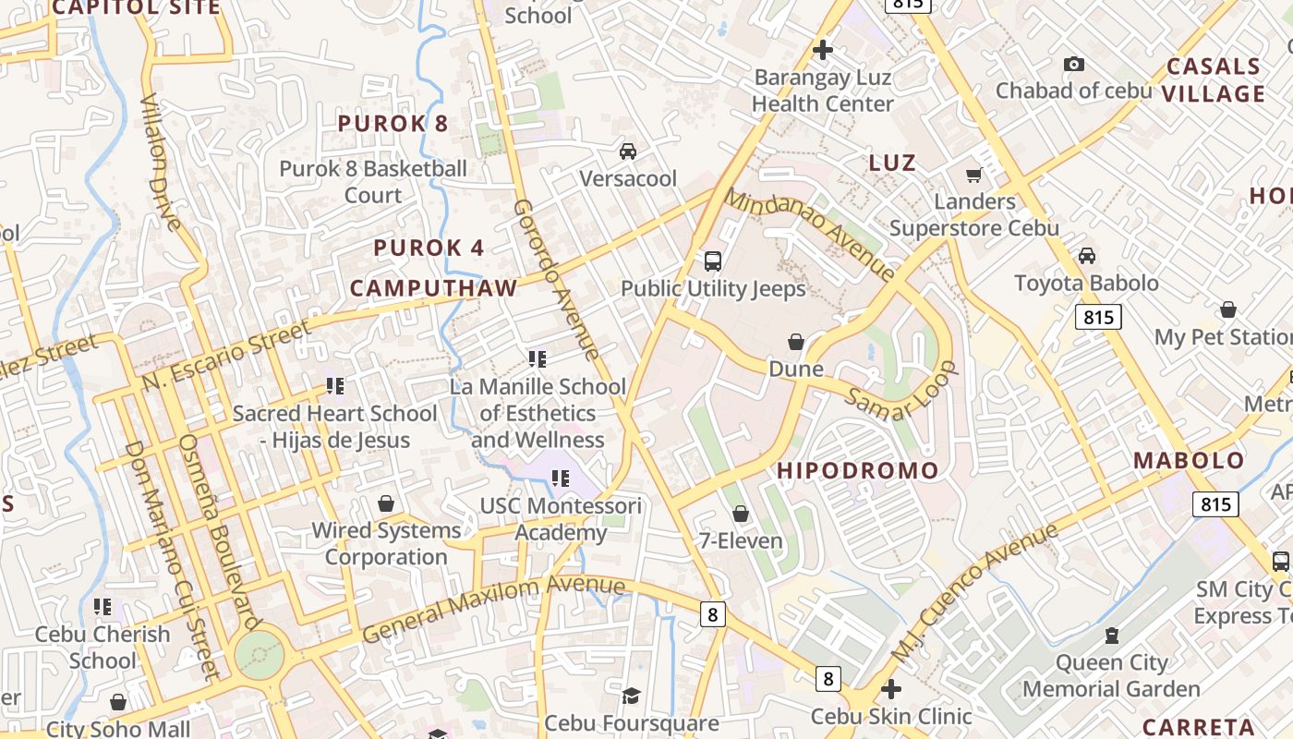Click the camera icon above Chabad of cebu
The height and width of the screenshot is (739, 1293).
(1073, 64)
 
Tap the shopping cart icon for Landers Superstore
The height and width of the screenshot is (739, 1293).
(973, 175)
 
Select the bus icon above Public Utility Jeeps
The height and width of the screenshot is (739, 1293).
(712, 260)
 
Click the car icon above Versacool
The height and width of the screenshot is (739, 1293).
(628, 151)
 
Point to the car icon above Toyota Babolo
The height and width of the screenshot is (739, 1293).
(1087, 255)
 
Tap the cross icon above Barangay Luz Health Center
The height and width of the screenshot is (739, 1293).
(822, 49)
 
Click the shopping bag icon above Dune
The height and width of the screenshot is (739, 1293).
(796, 342)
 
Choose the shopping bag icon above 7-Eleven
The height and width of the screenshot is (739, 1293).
(740, 514)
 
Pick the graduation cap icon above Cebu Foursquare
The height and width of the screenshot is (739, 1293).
(631, 695)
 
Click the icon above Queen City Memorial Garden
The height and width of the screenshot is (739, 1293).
(1111, 636)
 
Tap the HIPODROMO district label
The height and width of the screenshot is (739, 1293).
(857, 470)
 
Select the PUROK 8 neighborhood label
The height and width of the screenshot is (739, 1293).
(393, 124)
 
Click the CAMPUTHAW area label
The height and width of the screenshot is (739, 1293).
(433, 287)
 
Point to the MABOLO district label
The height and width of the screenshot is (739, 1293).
(1189, 461)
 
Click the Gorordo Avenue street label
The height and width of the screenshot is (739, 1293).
(556, 279)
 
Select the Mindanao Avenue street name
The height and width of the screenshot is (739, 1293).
(809, 235)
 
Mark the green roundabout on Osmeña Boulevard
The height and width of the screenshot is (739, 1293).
(259, 654)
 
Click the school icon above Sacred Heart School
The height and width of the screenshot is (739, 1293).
(334, 386)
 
